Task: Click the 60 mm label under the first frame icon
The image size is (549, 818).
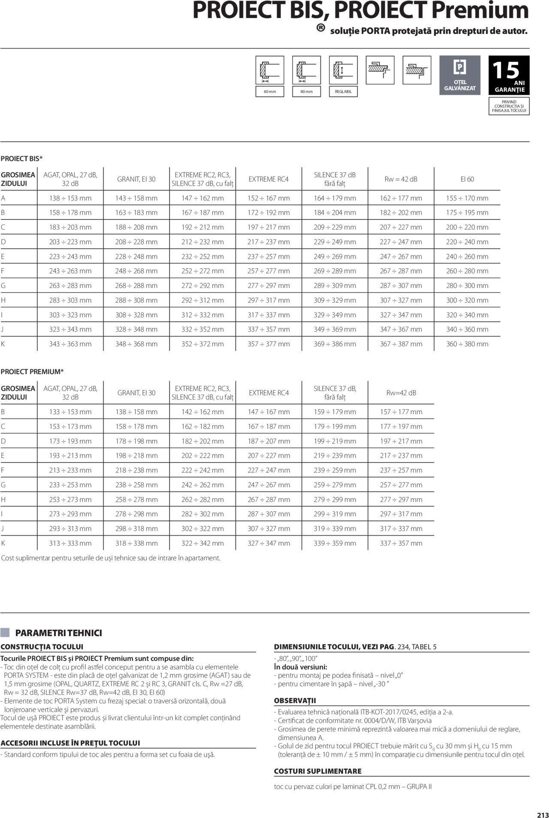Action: (270, 91)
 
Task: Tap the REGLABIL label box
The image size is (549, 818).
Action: (343, 91)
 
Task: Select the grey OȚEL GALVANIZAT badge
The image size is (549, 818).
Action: (460, 75)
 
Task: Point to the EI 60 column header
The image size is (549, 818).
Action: (467, 179)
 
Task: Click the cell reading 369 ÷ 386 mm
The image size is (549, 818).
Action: (335, 344)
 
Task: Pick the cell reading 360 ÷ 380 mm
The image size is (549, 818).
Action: (467, 344)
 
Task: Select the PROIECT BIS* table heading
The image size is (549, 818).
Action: (21, 159)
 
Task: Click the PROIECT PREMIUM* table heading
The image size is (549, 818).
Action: (32, 372)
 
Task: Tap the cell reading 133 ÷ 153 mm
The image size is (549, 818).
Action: (70, 412)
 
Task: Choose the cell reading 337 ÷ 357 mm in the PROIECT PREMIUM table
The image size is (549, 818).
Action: (401, 543)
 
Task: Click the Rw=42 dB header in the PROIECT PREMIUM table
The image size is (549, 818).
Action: (401, 393)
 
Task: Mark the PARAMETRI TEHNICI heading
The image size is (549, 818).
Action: (59, 633)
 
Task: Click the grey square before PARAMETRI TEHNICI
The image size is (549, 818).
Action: (5, 633)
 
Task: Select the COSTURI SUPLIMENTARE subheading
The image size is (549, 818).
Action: (318, 771)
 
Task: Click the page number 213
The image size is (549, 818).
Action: (542, 804)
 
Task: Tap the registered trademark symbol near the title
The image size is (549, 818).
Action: (320, 28)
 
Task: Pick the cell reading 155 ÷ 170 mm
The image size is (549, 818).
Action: (467, 198)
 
